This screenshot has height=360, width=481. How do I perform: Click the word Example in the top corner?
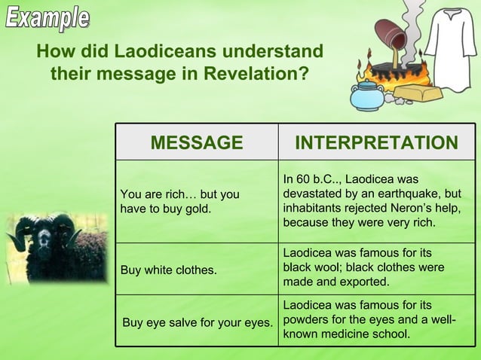47,17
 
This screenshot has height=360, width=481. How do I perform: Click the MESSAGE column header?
197,142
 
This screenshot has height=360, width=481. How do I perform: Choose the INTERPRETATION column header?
376,142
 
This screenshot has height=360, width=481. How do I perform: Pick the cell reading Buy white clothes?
169,269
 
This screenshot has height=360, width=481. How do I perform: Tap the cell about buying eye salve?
198,322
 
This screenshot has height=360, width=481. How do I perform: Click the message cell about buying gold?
180,201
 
